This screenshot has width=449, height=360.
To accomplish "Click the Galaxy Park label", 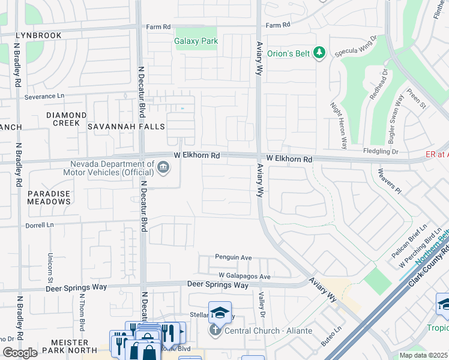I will (x=196, y=41).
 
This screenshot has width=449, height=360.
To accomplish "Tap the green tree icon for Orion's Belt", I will (x=320, y=53).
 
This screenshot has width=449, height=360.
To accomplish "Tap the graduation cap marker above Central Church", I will (x=220, y=312).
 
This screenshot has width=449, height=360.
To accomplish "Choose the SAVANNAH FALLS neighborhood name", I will (x=126, y=127).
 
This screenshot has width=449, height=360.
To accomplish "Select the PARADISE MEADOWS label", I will (x=49, y=198).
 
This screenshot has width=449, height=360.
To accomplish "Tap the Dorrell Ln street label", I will (x=40, y=226).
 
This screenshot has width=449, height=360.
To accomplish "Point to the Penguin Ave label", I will (x=234, y=257).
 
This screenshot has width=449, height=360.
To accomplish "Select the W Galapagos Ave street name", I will (x=245, y=276).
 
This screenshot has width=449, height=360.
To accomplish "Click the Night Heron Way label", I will (x=339, y=125).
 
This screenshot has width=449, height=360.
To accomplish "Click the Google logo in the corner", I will (x=20, y=353).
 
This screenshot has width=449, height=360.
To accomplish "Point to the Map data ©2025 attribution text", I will (x=424, y=355).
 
